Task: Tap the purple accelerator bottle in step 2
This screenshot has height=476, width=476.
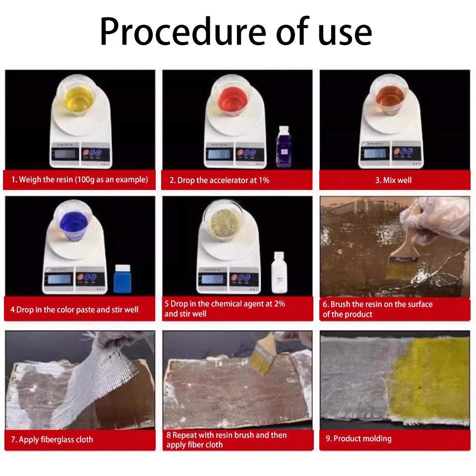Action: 284,146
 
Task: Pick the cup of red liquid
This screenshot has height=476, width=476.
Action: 233,96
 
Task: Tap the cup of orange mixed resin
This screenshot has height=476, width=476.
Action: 390,95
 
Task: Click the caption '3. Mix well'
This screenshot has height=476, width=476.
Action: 393,180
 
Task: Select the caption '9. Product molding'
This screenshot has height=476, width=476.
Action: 358,438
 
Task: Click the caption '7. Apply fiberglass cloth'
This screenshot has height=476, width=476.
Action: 52,439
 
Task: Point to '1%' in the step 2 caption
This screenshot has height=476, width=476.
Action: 264,180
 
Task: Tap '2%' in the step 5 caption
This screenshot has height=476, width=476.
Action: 279,303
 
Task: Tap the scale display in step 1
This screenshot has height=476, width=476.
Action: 65,154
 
